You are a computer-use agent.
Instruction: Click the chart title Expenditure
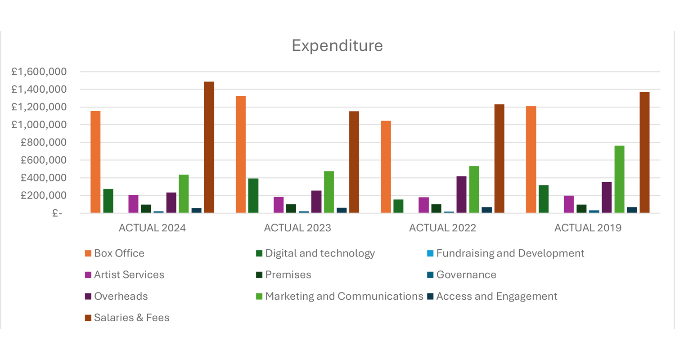(x=337, y=45)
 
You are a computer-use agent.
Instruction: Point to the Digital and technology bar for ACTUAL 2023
(x=253, y=196)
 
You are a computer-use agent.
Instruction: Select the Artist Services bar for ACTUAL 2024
(x=133, y=204)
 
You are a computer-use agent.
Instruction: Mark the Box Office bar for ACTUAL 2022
(x=386, y=167)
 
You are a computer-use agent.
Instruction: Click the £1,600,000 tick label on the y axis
(x=39, y=72)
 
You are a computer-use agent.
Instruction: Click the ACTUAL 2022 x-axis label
(x=442, y=228)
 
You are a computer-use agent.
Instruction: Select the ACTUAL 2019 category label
(x=587, y=228)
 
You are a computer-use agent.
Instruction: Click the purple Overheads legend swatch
(x=88, y=297)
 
